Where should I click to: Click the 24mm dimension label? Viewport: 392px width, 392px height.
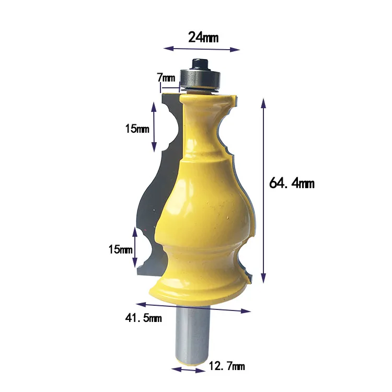pyautogui.click(x=203, y=37)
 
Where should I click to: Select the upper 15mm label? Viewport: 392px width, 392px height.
pyautogui.click(x=137, y=129)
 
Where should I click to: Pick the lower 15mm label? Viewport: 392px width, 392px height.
pyautogui.click(x=120, y=249)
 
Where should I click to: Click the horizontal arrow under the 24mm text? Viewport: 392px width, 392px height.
pyautogui.click(x=202, y=49)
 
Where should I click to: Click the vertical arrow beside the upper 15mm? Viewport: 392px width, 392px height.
pyautogui.click(x=154, y=126)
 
